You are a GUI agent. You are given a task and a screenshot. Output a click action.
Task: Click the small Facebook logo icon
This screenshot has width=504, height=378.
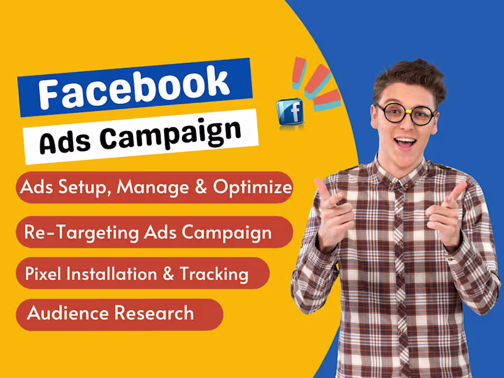click(x=290, y=111)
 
